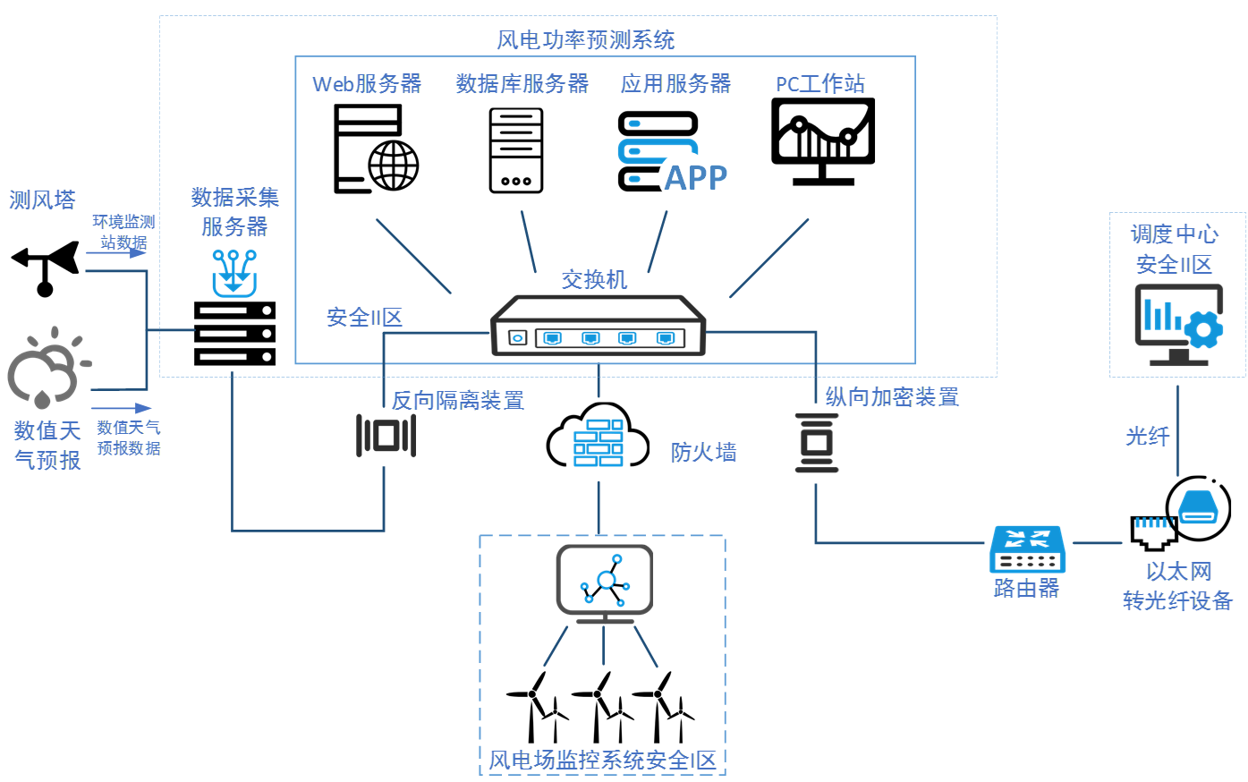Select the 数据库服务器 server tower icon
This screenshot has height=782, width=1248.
click(516, 150)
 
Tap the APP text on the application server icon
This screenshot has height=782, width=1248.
click(696, 177)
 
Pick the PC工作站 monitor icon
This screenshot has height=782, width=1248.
click(823, 141)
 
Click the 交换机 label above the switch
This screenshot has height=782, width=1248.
click(594, 280)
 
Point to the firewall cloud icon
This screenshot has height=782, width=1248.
click(598, 438)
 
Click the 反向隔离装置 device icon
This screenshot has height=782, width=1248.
click(386, 435)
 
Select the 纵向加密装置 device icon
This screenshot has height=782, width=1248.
click(817, 442)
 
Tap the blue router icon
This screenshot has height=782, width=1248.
click(1027, 549)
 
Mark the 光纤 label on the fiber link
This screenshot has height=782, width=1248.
click(1147, 437)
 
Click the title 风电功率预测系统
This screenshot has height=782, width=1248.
click(586, 40)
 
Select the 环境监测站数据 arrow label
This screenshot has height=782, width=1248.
click(123, 232)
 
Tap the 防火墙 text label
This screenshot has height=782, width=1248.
click(704, 453)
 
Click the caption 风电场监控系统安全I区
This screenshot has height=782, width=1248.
click(602, 761)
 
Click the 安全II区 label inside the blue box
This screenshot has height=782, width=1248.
click(364, 318)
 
